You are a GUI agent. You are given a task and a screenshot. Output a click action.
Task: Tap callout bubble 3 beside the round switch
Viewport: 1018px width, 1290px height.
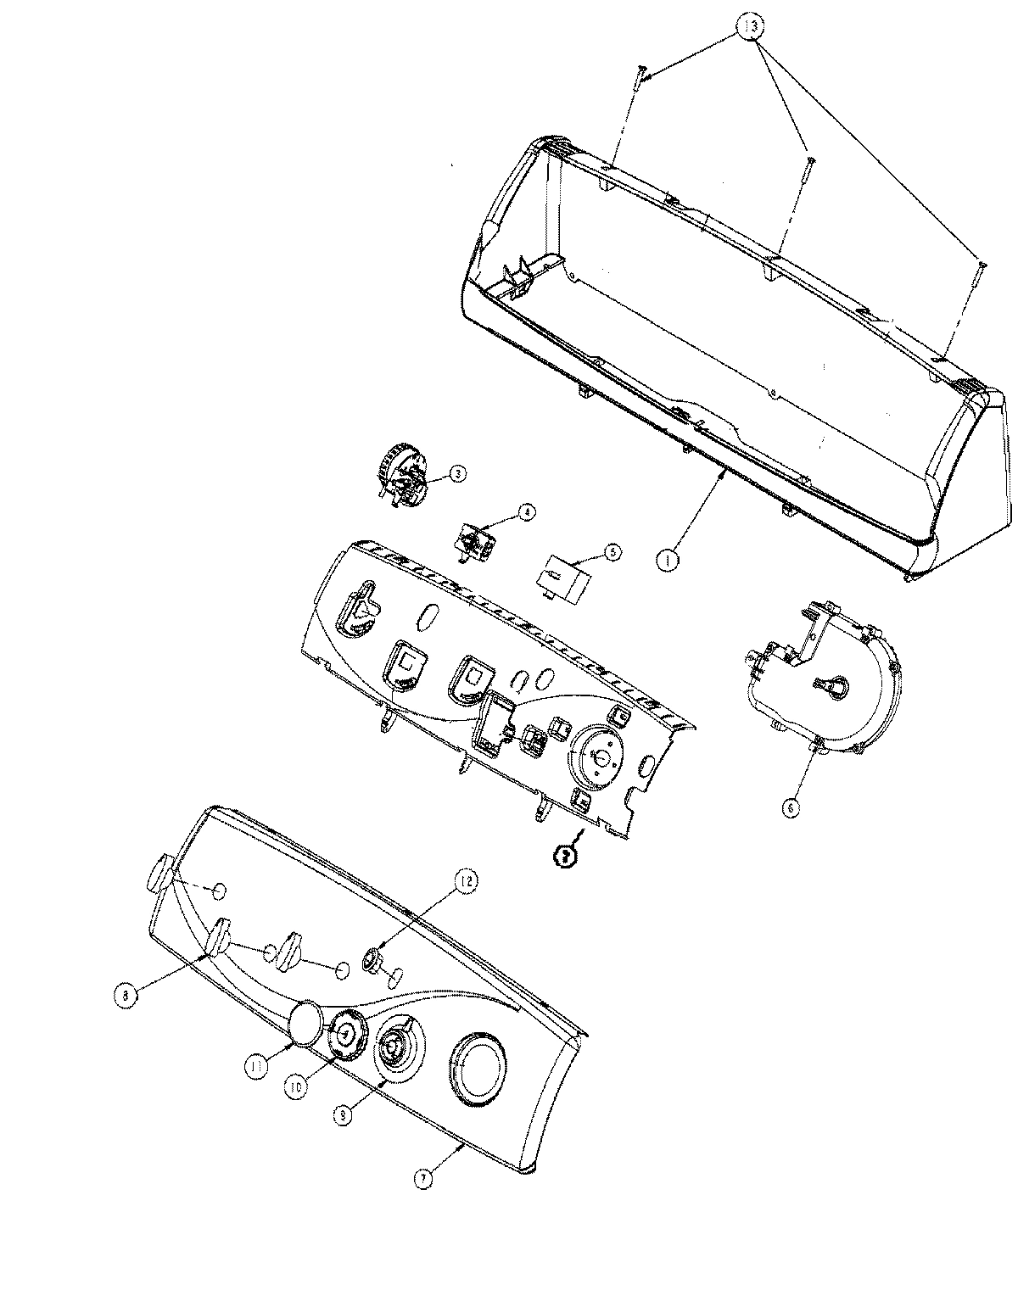click(x=456, y=474)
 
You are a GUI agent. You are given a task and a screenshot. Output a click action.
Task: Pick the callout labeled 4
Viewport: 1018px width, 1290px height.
click(x=526, y=512)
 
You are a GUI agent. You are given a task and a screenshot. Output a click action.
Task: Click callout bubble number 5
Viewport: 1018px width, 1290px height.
click(x=611, y=550)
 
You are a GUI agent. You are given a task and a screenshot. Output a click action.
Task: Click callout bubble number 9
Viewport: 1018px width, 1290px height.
click(x=342, y=1117)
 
